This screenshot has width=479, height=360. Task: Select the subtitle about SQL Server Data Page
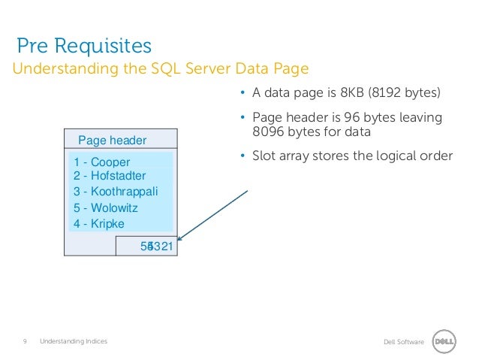point(159,70)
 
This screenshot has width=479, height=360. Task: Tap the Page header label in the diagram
point(113,140)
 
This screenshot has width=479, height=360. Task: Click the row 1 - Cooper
point(102,162)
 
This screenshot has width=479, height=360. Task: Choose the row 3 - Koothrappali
point(116,192)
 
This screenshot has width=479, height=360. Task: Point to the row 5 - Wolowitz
point(106,207)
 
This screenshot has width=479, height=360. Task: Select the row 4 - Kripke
point(99,223)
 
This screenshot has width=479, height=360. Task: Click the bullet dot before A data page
point(243,95)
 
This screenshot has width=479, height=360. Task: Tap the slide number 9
point(25,342)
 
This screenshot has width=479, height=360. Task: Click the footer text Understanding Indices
point(74,342)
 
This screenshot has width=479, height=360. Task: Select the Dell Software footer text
point(403,343)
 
